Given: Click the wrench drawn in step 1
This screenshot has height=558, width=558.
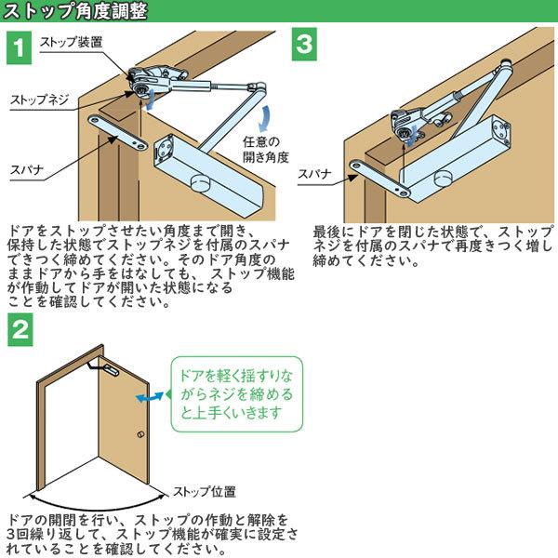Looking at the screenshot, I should coord(118,133).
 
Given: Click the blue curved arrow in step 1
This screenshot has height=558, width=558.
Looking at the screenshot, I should coord(264,120).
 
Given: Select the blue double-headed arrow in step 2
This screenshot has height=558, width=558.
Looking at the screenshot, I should coord(148,397).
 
